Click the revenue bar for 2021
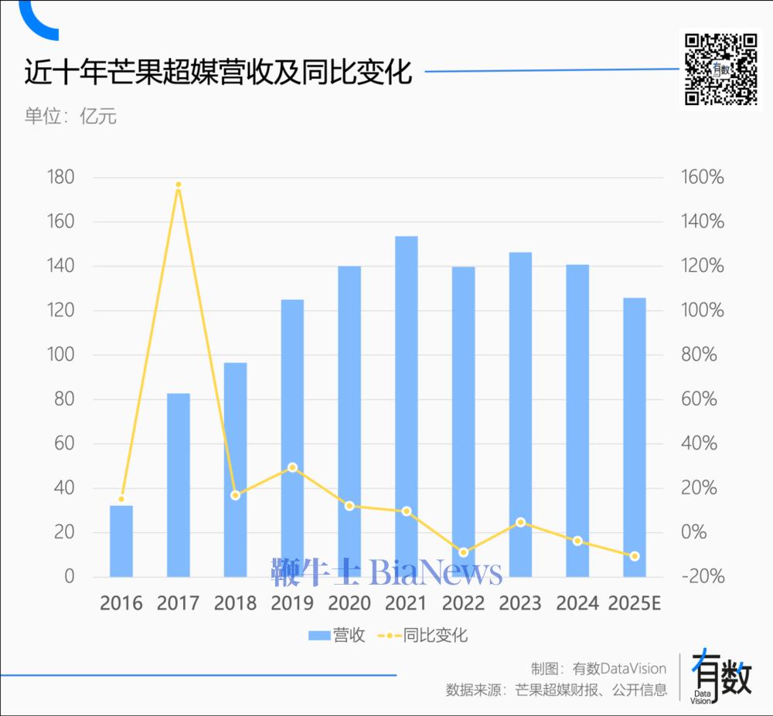(407, 406)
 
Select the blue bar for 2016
(121, 541)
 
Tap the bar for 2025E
(635, 437)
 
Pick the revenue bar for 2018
(235, 470)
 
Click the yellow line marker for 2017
(179, 185)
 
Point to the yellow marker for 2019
(292, 467)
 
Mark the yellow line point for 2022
(464, 552)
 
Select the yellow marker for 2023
(521, 522)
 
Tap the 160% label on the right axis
(703, 178)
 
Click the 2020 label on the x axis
(349, 602)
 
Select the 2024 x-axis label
(577, 602)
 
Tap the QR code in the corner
(721, 70)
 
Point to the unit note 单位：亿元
(70, 117)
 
